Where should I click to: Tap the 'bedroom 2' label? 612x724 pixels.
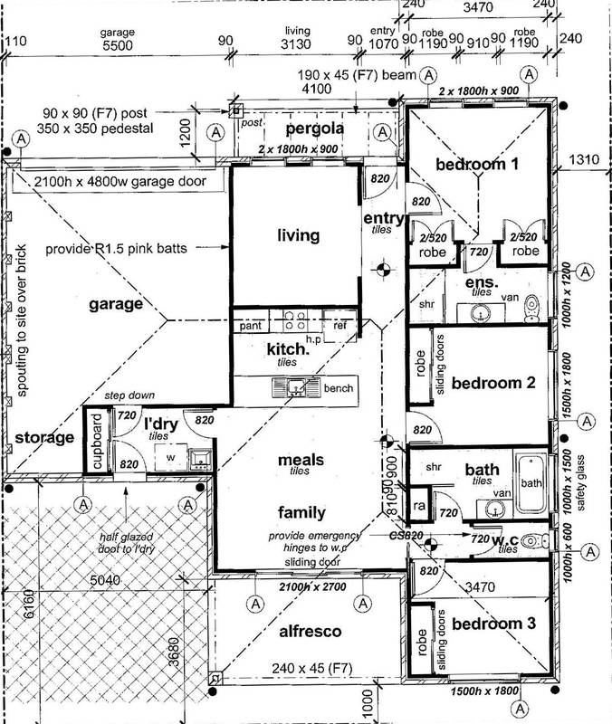pyautogui.click(x=494, y=382)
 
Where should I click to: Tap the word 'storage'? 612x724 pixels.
pyautogui.click(x=43, y=439)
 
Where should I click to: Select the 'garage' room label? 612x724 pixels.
pyautogui.click(x=117, y=305)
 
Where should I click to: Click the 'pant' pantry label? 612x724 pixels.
pyautogui.click(x=252, y=324)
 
